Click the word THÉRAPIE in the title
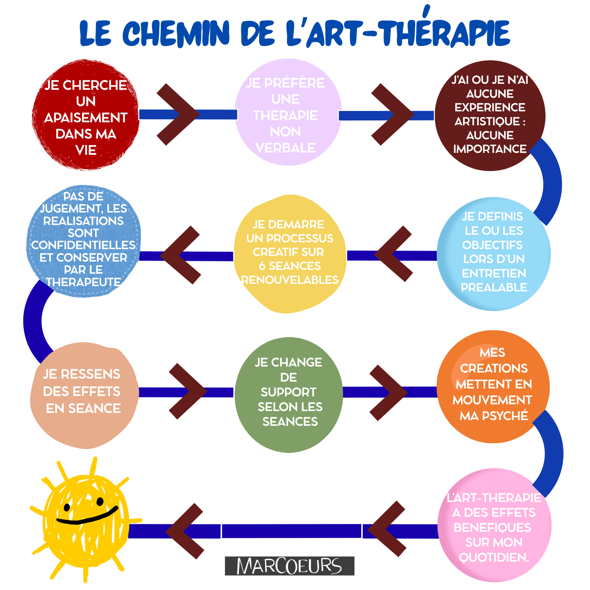click(x=445, y=33)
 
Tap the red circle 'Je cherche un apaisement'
click(x=86, y=115)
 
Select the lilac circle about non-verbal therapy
click(x=288, y=112)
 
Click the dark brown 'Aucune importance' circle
click(x=490, y=115)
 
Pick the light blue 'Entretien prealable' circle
click(x=493, y=254)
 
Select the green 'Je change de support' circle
click(x=289, y=394)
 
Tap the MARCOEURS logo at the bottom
click(x=289, y=566)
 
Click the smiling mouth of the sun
click(x=87, y=517)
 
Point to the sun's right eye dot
click(x=100, y=502)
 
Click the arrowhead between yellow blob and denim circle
click(x=179, y=255)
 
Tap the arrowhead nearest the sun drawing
click(x=184, y=531)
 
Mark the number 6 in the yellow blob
click(x=262, y=266)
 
